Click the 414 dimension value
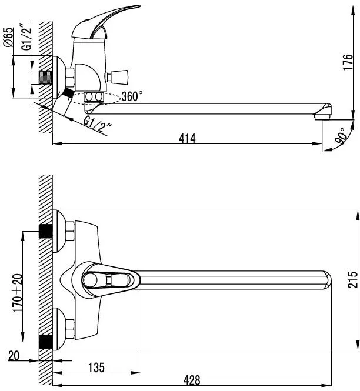point(187,138)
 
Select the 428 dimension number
point(192,380)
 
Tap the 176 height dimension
point(348,62)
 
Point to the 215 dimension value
point(352,280)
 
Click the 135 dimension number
point(96,367)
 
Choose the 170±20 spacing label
point(18,293)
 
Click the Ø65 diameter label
point(8,37)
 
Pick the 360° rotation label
point(132,96)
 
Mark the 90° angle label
point(341,136)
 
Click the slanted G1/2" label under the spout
point(97,124)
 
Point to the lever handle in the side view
point(105,22)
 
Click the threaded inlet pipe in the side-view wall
point(45,78)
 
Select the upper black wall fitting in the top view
point(46,231)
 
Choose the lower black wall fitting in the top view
point(46,342)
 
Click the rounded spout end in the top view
point(326,280)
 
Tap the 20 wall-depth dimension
point(14,356)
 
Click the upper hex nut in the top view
point(70,231)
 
